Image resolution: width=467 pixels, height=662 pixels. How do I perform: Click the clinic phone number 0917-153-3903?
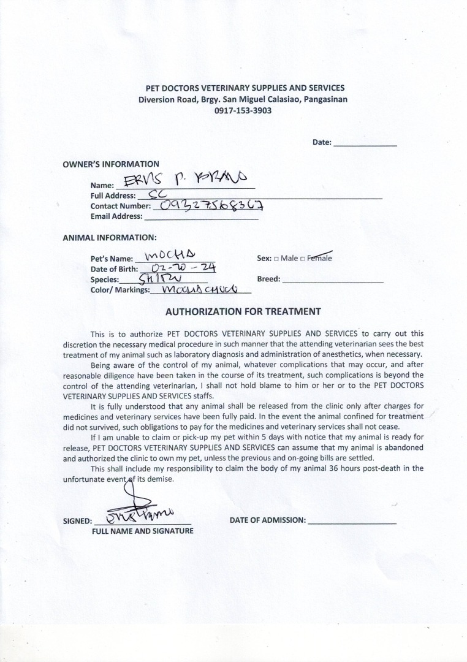(x=243, y=111)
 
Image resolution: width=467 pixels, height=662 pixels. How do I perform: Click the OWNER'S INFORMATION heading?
(x=111, y=164)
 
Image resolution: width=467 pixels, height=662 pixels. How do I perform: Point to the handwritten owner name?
(x=184, y=179)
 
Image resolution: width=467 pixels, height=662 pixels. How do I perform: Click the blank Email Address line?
(x=200, y=216)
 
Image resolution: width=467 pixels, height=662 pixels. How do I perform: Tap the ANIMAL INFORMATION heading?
(x=110, y=237)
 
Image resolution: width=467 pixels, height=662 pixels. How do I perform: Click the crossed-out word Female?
(x=319, y=258)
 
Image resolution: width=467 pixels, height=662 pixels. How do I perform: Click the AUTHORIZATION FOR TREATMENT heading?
(x=243, y=311)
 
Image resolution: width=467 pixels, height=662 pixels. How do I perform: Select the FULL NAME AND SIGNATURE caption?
(x=142, y=531)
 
